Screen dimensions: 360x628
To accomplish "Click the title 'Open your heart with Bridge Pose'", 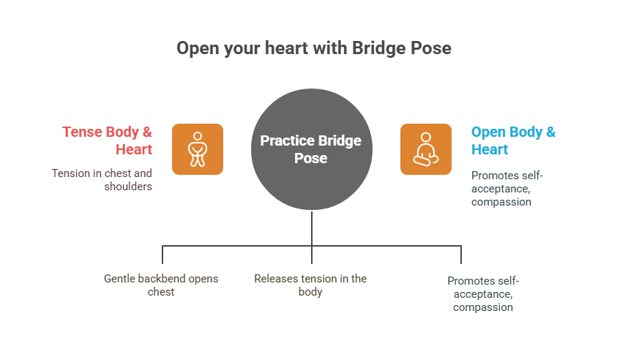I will point(314,48).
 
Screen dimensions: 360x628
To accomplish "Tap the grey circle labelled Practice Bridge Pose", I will point(312,149).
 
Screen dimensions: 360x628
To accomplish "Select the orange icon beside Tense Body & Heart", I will point(198,149).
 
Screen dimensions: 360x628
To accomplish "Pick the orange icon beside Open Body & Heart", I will point(426,149).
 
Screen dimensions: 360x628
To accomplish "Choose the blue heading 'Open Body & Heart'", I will point(513,140).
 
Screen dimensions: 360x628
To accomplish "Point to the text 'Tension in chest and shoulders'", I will point(102,179).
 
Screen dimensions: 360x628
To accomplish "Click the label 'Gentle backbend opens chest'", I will point(161,285).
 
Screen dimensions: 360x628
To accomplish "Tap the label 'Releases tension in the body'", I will point(310,285).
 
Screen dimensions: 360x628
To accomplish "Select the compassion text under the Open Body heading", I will point(501,201).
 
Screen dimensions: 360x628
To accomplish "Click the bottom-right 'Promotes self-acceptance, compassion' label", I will point(483,293).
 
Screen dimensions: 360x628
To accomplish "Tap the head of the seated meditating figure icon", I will point(426,138).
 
